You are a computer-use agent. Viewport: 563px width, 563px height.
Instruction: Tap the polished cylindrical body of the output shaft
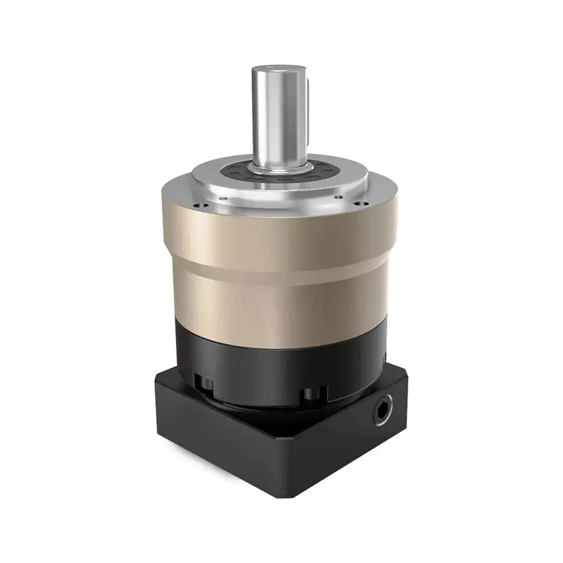274,120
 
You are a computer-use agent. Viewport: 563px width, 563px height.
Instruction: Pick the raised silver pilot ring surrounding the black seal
211,176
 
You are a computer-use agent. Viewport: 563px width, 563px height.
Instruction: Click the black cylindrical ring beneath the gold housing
274,352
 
